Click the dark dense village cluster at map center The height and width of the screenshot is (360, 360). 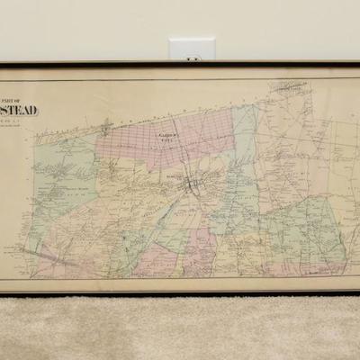[192, 186]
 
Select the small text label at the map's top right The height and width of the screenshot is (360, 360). [287, 87]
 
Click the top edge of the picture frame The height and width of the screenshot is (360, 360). [180, 64]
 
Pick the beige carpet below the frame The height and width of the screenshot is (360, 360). [180, 328]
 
